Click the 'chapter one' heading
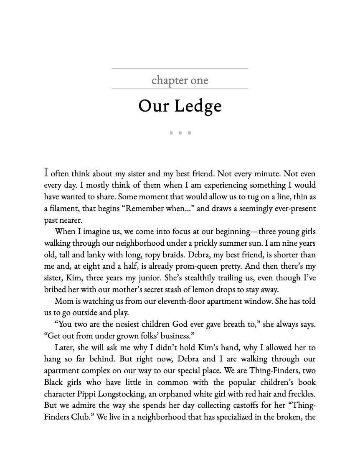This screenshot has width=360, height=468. [x=180, y=80]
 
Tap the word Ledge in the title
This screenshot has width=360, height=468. [x=198, y=106]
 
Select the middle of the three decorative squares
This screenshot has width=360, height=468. [x=180, y=133]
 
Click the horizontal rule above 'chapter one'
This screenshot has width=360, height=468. [x=180, y=69]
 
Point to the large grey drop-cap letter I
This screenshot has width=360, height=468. [x=46, y=172]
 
